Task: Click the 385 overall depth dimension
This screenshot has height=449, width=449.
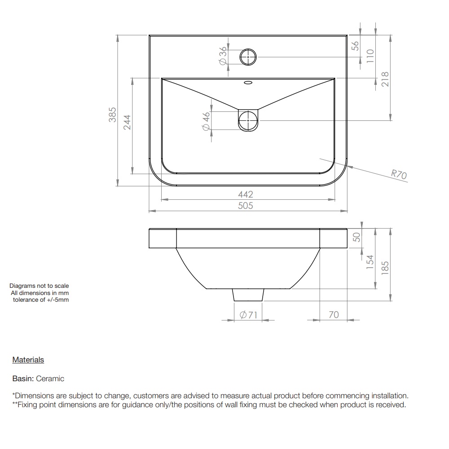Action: (113, 114)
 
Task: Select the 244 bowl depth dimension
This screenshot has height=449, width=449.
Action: (127, 123)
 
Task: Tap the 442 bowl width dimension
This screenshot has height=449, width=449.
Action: (246, 194)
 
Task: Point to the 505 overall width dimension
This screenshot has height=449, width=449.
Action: (246, 206)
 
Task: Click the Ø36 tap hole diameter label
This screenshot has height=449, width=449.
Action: (222, 56)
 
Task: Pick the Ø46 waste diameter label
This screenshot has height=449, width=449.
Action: (206, 121)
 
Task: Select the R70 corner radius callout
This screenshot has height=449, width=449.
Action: (399, 174)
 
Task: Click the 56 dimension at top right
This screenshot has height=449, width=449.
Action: (355, 46)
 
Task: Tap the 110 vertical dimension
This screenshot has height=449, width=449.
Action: (370, 55)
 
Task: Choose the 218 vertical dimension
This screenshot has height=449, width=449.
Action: (385, 80)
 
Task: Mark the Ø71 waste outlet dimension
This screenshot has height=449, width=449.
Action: (248, 315)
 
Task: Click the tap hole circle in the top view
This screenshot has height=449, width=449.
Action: (248, 57)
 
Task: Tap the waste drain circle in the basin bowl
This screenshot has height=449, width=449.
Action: (248, 120)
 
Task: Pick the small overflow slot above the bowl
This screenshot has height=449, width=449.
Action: (248, 83)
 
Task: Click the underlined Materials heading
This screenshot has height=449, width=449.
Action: (28, 360)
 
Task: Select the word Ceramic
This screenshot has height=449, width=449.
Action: (50, 379)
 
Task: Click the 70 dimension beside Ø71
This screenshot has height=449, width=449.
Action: (334, 315)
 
